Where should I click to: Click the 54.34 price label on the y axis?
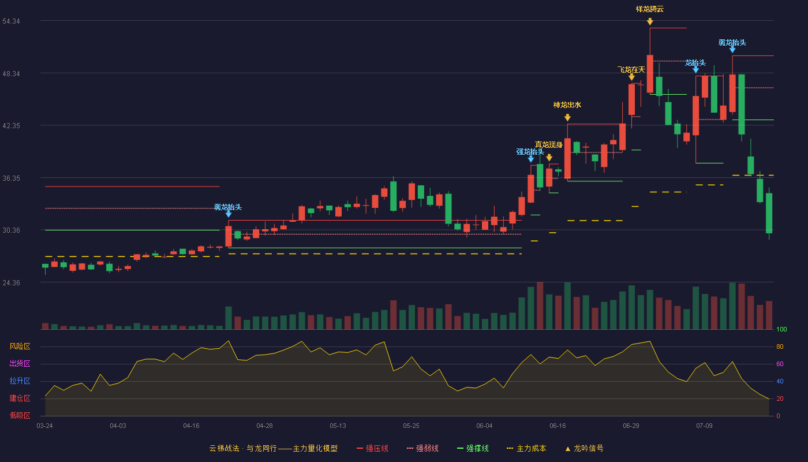click(x=11, y=21)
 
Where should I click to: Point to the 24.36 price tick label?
click(x=11, y=282)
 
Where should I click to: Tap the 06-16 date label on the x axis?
click(x=558, y=426)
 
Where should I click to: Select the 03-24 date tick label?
click(x=45, y=426)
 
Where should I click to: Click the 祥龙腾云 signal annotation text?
click(x=650, y=9)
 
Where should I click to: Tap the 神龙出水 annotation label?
click(x=567, y=105)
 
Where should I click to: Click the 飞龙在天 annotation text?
click(x=631, y=70)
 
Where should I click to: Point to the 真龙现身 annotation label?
click(x=549, y=145)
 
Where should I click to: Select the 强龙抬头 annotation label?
click(x=530, y=151)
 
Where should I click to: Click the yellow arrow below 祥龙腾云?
click(x=650, y=22)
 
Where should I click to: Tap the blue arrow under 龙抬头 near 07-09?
click(x=696, y=70)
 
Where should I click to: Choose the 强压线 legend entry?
click(x=372, y=448)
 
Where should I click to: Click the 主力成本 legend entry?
click(x=526, y=448)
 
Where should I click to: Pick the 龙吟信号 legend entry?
click(x=584, y=448)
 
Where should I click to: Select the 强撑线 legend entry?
click(x=473, y=448)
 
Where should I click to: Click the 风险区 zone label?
click(x=20, y=346)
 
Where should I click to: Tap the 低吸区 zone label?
click(x=20, y=415)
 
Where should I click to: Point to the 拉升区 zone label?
click(x=20, y=381)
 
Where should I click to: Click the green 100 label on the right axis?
click(x=781, y=329)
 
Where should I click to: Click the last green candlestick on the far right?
click(x=769, y=213)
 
